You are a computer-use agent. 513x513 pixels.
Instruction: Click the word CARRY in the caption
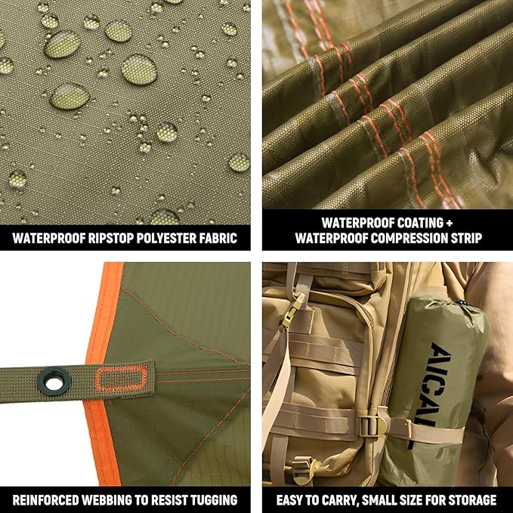tap(338, 499)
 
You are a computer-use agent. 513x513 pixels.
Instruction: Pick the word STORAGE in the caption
tap(470, 499)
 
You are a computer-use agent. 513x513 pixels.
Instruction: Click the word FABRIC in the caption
tap(219, 239)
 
